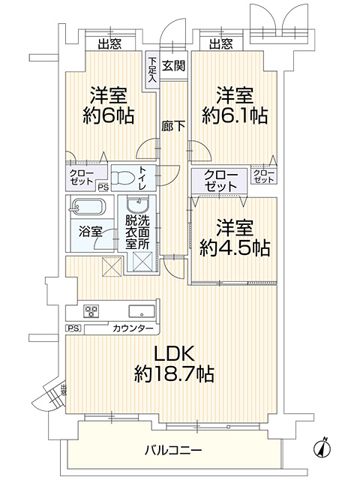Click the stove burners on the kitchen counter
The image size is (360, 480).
coord(91,310)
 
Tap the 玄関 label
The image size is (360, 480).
coord(173,65)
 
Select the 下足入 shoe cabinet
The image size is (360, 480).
coord(152,70)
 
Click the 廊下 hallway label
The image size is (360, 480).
coord(173,126)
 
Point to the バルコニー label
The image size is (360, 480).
coord(173,450)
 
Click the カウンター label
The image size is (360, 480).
coord(133,328)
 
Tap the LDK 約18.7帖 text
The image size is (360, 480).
coord(174,364)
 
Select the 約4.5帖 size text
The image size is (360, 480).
coord(235,248)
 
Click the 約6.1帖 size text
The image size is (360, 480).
coord(235,115)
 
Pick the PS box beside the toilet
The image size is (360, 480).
coord(103,187)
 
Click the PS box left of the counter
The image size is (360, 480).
coord(73,328)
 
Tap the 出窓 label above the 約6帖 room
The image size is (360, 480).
coord(110,44)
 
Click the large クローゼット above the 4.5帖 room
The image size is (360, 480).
coord(220,181)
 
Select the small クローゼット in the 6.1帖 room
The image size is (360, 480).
coord(264,176)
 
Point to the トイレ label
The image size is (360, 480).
coord(143,178)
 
